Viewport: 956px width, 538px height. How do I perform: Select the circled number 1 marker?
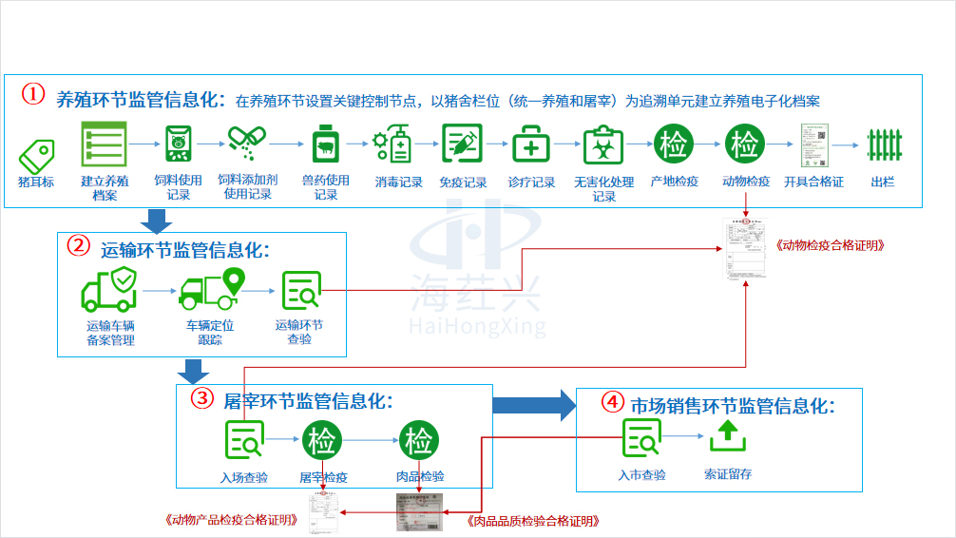pyautogui.click(x=33, y=95)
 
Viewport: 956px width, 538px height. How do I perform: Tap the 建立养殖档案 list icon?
pyautogui.click(x=104, y=144)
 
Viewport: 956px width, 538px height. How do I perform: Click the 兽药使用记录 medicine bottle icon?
pyautogui.click(x=326, y=145)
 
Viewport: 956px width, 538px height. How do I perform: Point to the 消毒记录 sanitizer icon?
pyautogui.click(x=394, y=145)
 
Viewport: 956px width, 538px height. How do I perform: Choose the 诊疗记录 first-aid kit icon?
pyautogui.click(x=531, y=145)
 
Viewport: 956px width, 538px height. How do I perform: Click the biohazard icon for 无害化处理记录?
pyautogui.click(x=602, y=145)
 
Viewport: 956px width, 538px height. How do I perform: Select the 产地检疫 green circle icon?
pyautogui.click(x=674, y=145)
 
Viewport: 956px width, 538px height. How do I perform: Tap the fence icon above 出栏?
pyautogui.click(x=883, y=145)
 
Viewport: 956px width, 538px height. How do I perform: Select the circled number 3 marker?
pyautogui.click(x=201, y=399)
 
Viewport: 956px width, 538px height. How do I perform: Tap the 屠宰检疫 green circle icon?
pyautogui.click(x=323, y=440)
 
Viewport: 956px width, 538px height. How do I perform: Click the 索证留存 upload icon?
pyautogui.click(x=727, y=436)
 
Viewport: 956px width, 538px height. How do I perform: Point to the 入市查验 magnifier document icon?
pyautogui.click(x=641, y=438)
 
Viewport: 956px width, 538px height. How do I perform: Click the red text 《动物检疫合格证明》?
pyautogui.click(x=831, y=244)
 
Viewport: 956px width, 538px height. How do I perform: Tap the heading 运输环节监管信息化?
pyautogui.click(x=184, y=250)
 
